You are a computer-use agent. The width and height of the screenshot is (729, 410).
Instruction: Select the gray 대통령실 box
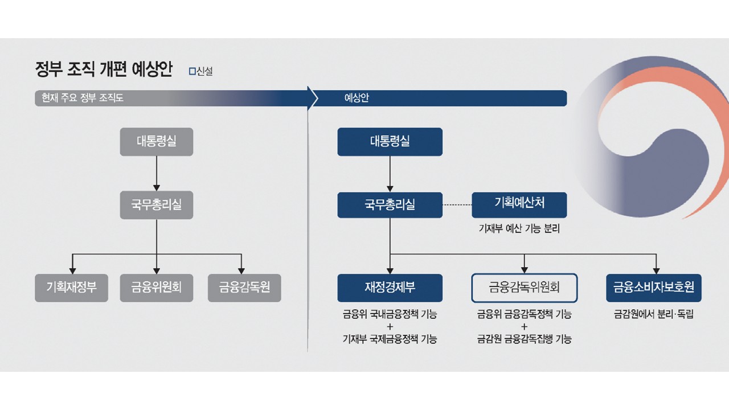click(156, 142)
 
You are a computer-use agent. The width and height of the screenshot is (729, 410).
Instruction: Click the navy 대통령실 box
click(390, 142)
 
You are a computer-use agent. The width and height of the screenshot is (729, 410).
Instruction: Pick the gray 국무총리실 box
click(156, 205)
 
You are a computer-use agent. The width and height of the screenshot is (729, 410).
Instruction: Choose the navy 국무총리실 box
click(390, 205)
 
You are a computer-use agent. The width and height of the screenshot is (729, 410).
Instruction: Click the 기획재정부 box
click(71, 288)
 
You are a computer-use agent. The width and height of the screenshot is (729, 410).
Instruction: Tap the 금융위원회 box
click(156, 288)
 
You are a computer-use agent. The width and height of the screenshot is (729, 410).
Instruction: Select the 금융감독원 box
click(244, 288)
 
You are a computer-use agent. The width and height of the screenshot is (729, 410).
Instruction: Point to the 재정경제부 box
click(390, 288)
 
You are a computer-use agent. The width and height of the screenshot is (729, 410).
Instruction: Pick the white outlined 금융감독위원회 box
click(524, 288)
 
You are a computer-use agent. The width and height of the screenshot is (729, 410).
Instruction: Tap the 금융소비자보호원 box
click(653, 288)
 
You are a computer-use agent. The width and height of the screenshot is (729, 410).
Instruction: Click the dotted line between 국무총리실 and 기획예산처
click(457, 205)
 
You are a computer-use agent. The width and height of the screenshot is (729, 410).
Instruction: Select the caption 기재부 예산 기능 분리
click(519, 229)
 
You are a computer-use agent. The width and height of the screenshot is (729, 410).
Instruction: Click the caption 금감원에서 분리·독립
click(653, 314)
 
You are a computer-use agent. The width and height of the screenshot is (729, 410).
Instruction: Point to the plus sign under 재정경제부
click(390, 327)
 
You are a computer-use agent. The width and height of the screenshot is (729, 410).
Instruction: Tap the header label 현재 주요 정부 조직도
click(79, 98)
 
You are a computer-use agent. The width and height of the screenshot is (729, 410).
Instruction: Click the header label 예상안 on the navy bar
click(357, 98)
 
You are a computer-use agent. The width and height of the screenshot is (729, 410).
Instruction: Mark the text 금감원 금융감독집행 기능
click(524, 339)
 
